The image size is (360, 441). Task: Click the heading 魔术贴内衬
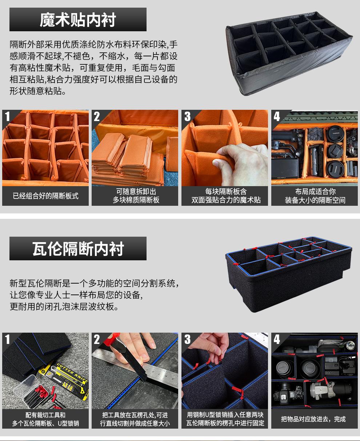pyautogui.click(x=78, y=20)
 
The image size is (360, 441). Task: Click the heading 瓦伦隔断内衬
pyautogui.click(x=78, y=249)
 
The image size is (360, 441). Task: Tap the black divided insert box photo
pyautogui.click(x=289, y=53)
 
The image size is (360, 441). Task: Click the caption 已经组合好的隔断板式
pyautogui.click(x=45, y=196)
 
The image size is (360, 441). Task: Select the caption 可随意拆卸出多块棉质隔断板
pyautogui.click(x=136, y=196)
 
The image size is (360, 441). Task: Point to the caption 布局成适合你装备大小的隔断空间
pyautogui.click(x=315, y=196)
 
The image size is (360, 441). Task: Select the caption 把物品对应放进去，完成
pyautogui.click(x=313, y=419)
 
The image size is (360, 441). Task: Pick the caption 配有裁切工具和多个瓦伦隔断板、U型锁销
pyautogui.click(x=45, y=419)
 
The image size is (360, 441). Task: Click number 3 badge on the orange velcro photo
pyautogui.click(x=187, y=116)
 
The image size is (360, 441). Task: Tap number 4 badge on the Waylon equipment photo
pyautogui.click(x=277, y=339)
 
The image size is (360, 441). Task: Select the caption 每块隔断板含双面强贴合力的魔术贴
pyautogui.click(x=226, y=196)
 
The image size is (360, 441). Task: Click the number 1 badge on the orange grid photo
pyautogui.click(x=8, y=116)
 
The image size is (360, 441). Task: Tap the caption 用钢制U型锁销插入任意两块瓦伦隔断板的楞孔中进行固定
pyautogui.click(x=225, y=419)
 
